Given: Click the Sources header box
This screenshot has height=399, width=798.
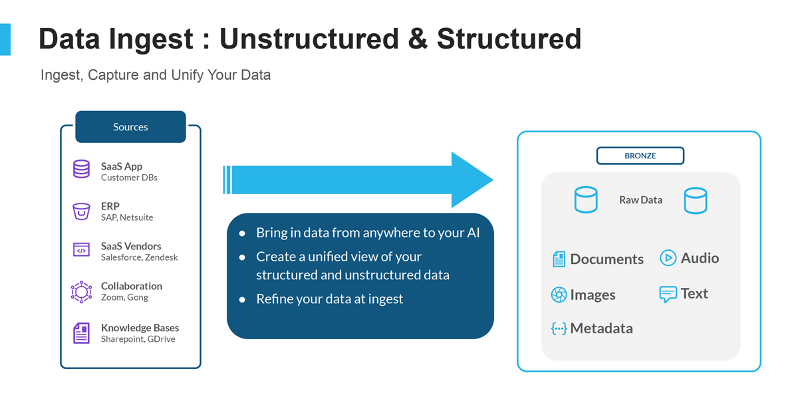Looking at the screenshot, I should tap(130, 127).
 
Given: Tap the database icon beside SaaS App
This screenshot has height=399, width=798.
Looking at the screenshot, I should tap(81, 170).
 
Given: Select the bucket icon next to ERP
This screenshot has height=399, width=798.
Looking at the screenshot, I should tap(81, 211).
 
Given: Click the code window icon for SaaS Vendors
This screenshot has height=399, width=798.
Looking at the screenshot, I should tap(81, 251).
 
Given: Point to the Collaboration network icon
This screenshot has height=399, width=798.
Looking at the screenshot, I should tap(81, 291).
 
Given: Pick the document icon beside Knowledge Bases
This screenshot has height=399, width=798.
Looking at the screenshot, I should tap(81, 332).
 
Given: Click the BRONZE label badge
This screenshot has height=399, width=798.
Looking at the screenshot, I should tap(640, 156).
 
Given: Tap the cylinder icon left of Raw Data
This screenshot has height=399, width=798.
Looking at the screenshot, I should tap(586, 199).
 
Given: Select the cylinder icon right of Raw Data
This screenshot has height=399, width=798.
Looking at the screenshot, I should tap(695, 199).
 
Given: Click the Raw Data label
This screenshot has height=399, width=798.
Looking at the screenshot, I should tap(640, 199).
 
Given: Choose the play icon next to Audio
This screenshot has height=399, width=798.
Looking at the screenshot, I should tap(668, 258).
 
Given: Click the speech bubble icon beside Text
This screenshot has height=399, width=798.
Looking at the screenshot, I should tap(668, 294).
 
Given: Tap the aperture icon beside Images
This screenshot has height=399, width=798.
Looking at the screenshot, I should tap(559, 295).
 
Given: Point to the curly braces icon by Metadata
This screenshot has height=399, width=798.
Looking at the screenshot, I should tap(559, 329).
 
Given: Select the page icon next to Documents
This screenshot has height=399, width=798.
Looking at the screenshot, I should tap(559, 259).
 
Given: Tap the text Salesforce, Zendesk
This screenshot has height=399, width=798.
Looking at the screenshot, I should tap(139, 257).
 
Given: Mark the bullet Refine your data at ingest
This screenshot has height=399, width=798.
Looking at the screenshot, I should tap(330, 299).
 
